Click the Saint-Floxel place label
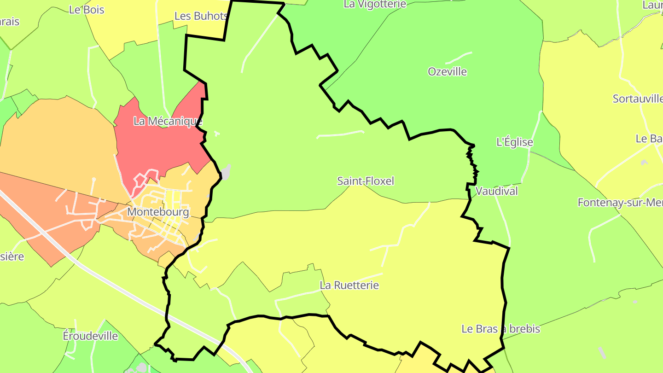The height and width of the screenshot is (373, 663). coord(366,181)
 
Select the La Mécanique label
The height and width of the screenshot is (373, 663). coord(168,121)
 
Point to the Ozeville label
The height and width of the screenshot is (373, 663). coord(447,72)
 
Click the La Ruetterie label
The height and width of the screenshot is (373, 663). coord(349,285)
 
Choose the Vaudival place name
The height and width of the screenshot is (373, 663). coord(496,191)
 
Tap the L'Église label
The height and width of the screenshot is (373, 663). coord(514,142)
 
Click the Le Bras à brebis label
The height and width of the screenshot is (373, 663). coord(500,329)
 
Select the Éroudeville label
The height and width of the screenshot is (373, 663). coord(90,336)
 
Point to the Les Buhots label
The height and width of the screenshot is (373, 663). coord(201,16)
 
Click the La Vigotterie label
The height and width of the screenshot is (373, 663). coord(375,5)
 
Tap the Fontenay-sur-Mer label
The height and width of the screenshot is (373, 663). coord(620,203)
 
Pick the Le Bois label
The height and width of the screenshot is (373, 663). coord(87,10)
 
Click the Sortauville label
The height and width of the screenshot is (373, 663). coord(637,99)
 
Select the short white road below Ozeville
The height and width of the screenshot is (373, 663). coord(459,57)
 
